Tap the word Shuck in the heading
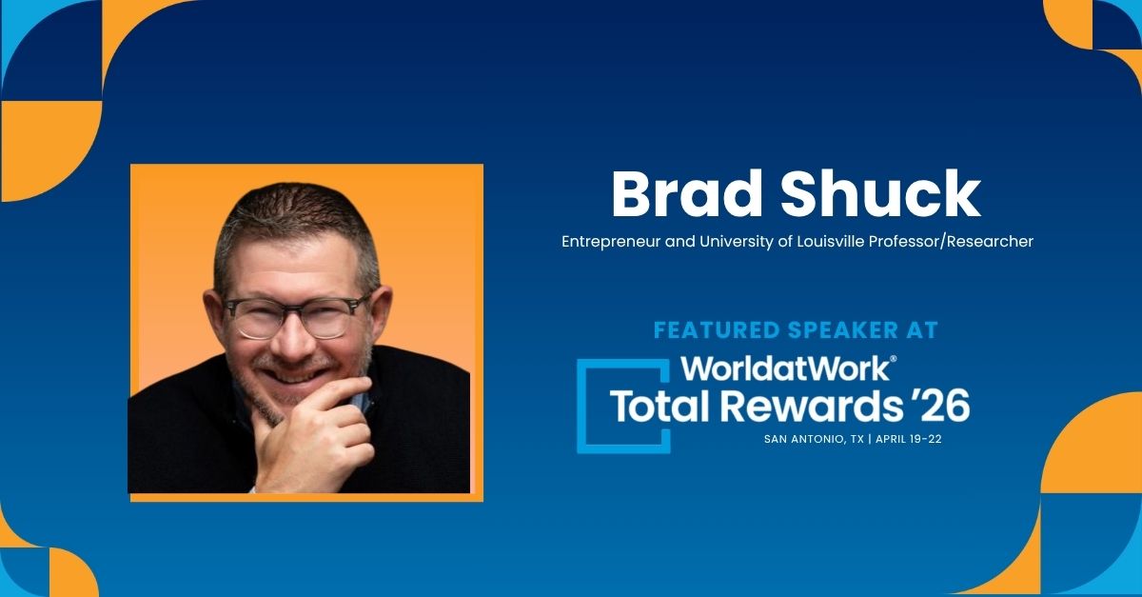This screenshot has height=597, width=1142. pos(880,194)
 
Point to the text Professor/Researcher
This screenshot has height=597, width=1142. pos(951,241)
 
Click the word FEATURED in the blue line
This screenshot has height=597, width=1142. pos(717,330)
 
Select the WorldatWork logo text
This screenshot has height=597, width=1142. pos(784,368)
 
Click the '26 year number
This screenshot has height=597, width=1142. pos(940,406)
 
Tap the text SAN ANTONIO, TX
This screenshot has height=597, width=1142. pos(814,439)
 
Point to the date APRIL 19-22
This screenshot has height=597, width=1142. pos(909,439)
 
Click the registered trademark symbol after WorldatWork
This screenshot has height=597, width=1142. pos(893,359)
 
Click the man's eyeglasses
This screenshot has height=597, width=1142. pos(297,316)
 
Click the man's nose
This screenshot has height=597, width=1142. pos(293,339)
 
